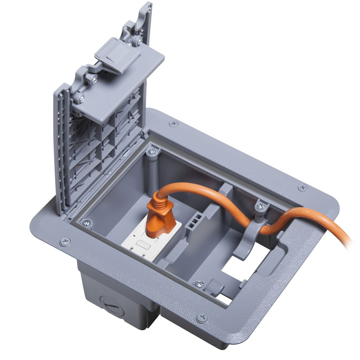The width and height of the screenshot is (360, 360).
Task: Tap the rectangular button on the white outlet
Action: [x=142, y=242]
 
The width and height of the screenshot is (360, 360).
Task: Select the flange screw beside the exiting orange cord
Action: [x=302, y=187]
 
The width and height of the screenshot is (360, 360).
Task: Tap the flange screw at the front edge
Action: [x=202, y=318]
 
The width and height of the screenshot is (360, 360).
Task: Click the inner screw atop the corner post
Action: [x=152, y=152]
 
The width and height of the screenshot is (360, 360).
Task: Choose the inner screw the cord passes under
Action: [x=261, y=207]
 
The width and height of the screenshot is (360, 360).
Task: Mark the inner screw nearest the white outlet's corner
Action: [x=86, y=223]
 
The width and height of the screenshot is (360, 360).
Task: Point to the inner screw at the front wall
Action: [x=199, y=284]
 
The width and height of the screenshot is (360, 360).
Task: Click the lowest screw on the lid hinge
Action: [x=81, y=99]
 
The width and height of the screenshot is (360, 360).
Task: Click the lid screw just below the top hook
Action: [x=140, y=41]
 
